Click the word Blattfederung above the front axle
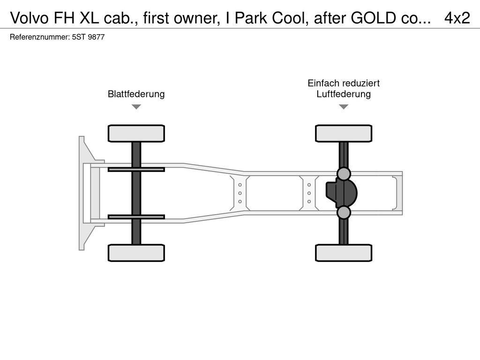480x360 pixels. [136, 94]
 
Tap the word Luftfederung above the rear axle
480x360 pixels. [344, 94]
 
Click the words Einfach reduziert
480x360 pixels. [344, 83]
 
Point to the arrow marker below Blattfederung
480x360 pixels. [136, 106]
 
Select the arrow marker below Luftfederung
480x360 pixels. [344, 106]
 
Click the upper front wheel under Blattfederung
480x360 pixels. [136, 134]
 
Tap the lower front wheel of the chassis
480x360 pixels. [136, 253]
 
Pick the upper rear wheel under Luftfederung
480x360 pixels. [344, 134]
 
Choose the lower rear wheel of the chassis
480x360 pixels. [344, 253]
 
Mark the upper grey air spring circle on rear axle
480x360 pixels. [344, 174]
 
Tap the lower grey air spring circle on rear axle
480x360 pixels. [344, 212]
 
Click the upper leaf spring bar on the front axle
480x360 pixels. [136, 169]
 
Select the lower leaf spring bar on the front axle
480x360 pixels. [136, 217]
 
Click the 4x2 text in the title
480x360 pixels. [457, 18]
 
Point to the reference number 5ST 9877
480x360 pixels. [88, 37]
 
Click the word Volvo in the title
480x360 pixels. [30, 18]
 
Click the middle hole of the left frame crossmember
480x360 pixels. [240, 193]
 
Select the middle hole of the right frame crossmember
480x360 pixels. [309, 193]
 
